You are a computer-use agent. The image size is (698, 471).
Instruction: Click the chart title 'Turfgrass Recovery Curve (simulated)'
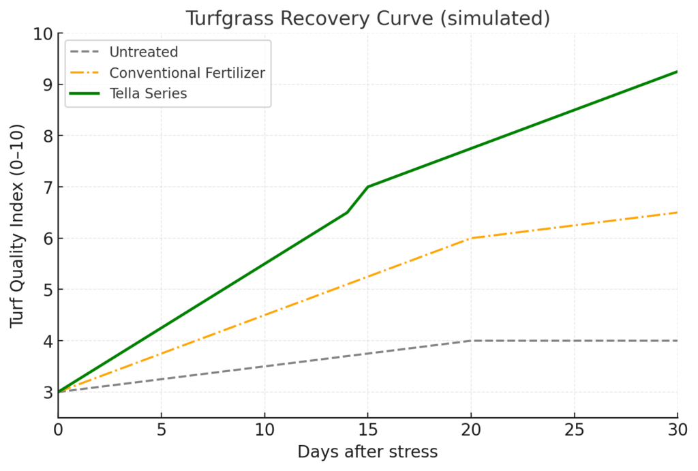click(367, 18)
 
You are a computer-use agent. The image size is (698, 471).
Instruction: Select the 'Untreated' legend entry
click(143, 52)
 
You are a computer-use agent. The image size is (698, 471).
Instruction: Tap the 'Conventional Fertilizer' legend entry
click(187, 73)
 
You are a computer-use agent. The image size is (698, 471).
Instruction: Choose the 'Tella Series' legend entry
click(148, 94)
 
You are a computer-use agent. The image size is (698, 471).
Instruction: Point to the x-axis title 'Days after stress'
click(367, 452)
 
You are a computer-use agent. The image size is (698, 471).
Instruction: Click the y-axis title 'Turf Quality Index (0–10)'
click(18, 225)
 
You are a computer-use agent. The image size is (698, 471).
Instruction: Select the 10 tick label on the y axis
click(42, 33)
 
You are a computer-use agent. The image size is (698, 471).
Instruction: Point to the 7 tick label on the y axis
click(47, 187)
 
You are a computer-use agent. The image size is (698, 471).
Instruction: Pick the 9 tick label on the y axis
click(47, 85)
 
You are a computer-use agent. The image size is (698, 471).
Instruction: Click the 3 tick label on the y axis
click(47, 392)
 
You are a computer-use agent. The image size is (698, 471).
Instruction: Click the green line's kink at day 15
click(367, 187)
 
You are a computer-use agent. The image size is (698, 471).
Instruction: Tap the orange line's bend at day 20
click(471, 238)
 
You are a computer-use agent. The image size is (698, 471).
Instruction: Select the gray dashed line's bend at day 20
click(471, 341)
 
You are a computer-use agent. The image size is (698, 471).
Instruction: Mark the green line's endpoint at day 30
click(677, 72)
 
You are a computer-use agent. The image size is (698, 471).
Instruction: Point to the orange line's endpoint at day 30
click(677, 213)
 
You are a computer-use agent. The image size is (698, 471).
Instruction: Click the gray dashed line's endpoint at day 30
click(677, 341)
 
